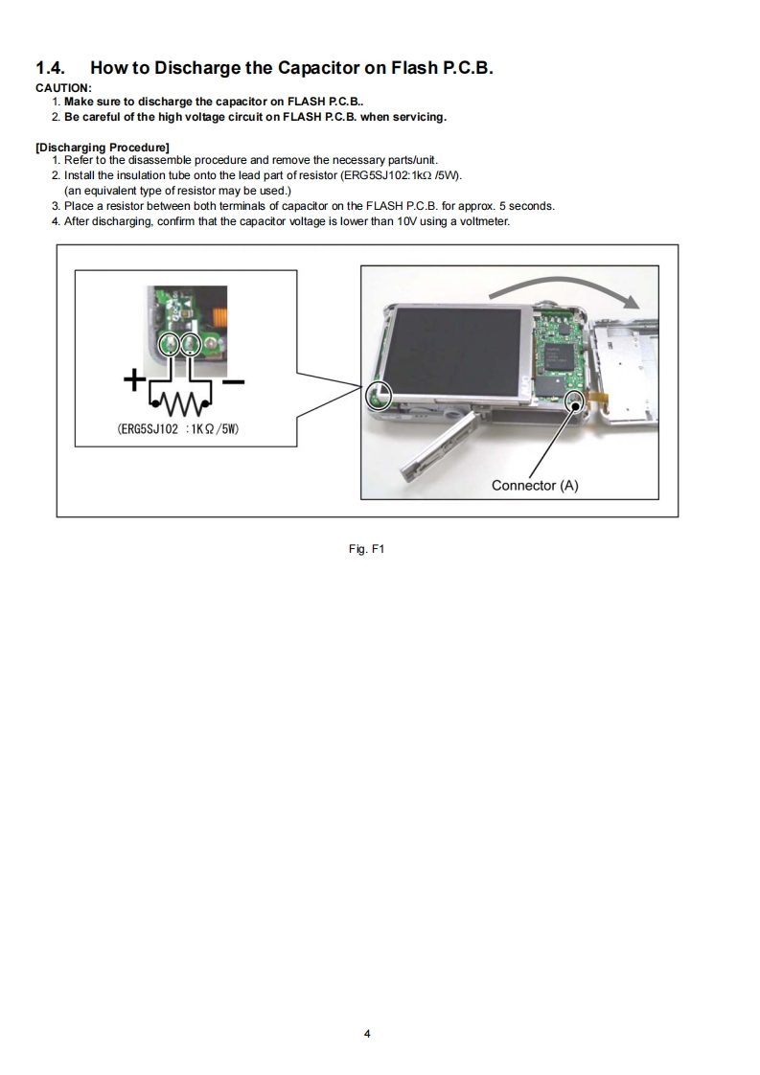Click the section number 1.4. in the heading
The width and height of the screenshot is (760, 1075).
pos(53,68)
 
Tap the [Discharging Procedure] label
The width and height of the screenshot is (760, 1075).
pos(103,147)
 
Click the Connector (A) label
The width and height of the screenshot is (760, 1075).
pos(535,485)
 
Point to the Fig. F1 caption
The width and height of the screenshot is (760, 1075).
pos(368,550)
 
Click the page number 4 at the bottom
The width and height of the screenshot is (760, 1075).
pos(367,1034)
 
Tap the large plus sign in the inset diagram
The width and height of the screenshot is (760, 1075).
pos(135,382)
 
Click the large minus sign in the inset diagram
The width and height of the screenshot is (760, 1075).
pos(233,383)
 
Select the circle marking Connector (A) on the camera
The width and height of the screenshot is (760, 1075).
pos(576,400)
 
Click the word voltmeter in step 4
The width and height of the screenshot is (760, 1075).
pos(484,221)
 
